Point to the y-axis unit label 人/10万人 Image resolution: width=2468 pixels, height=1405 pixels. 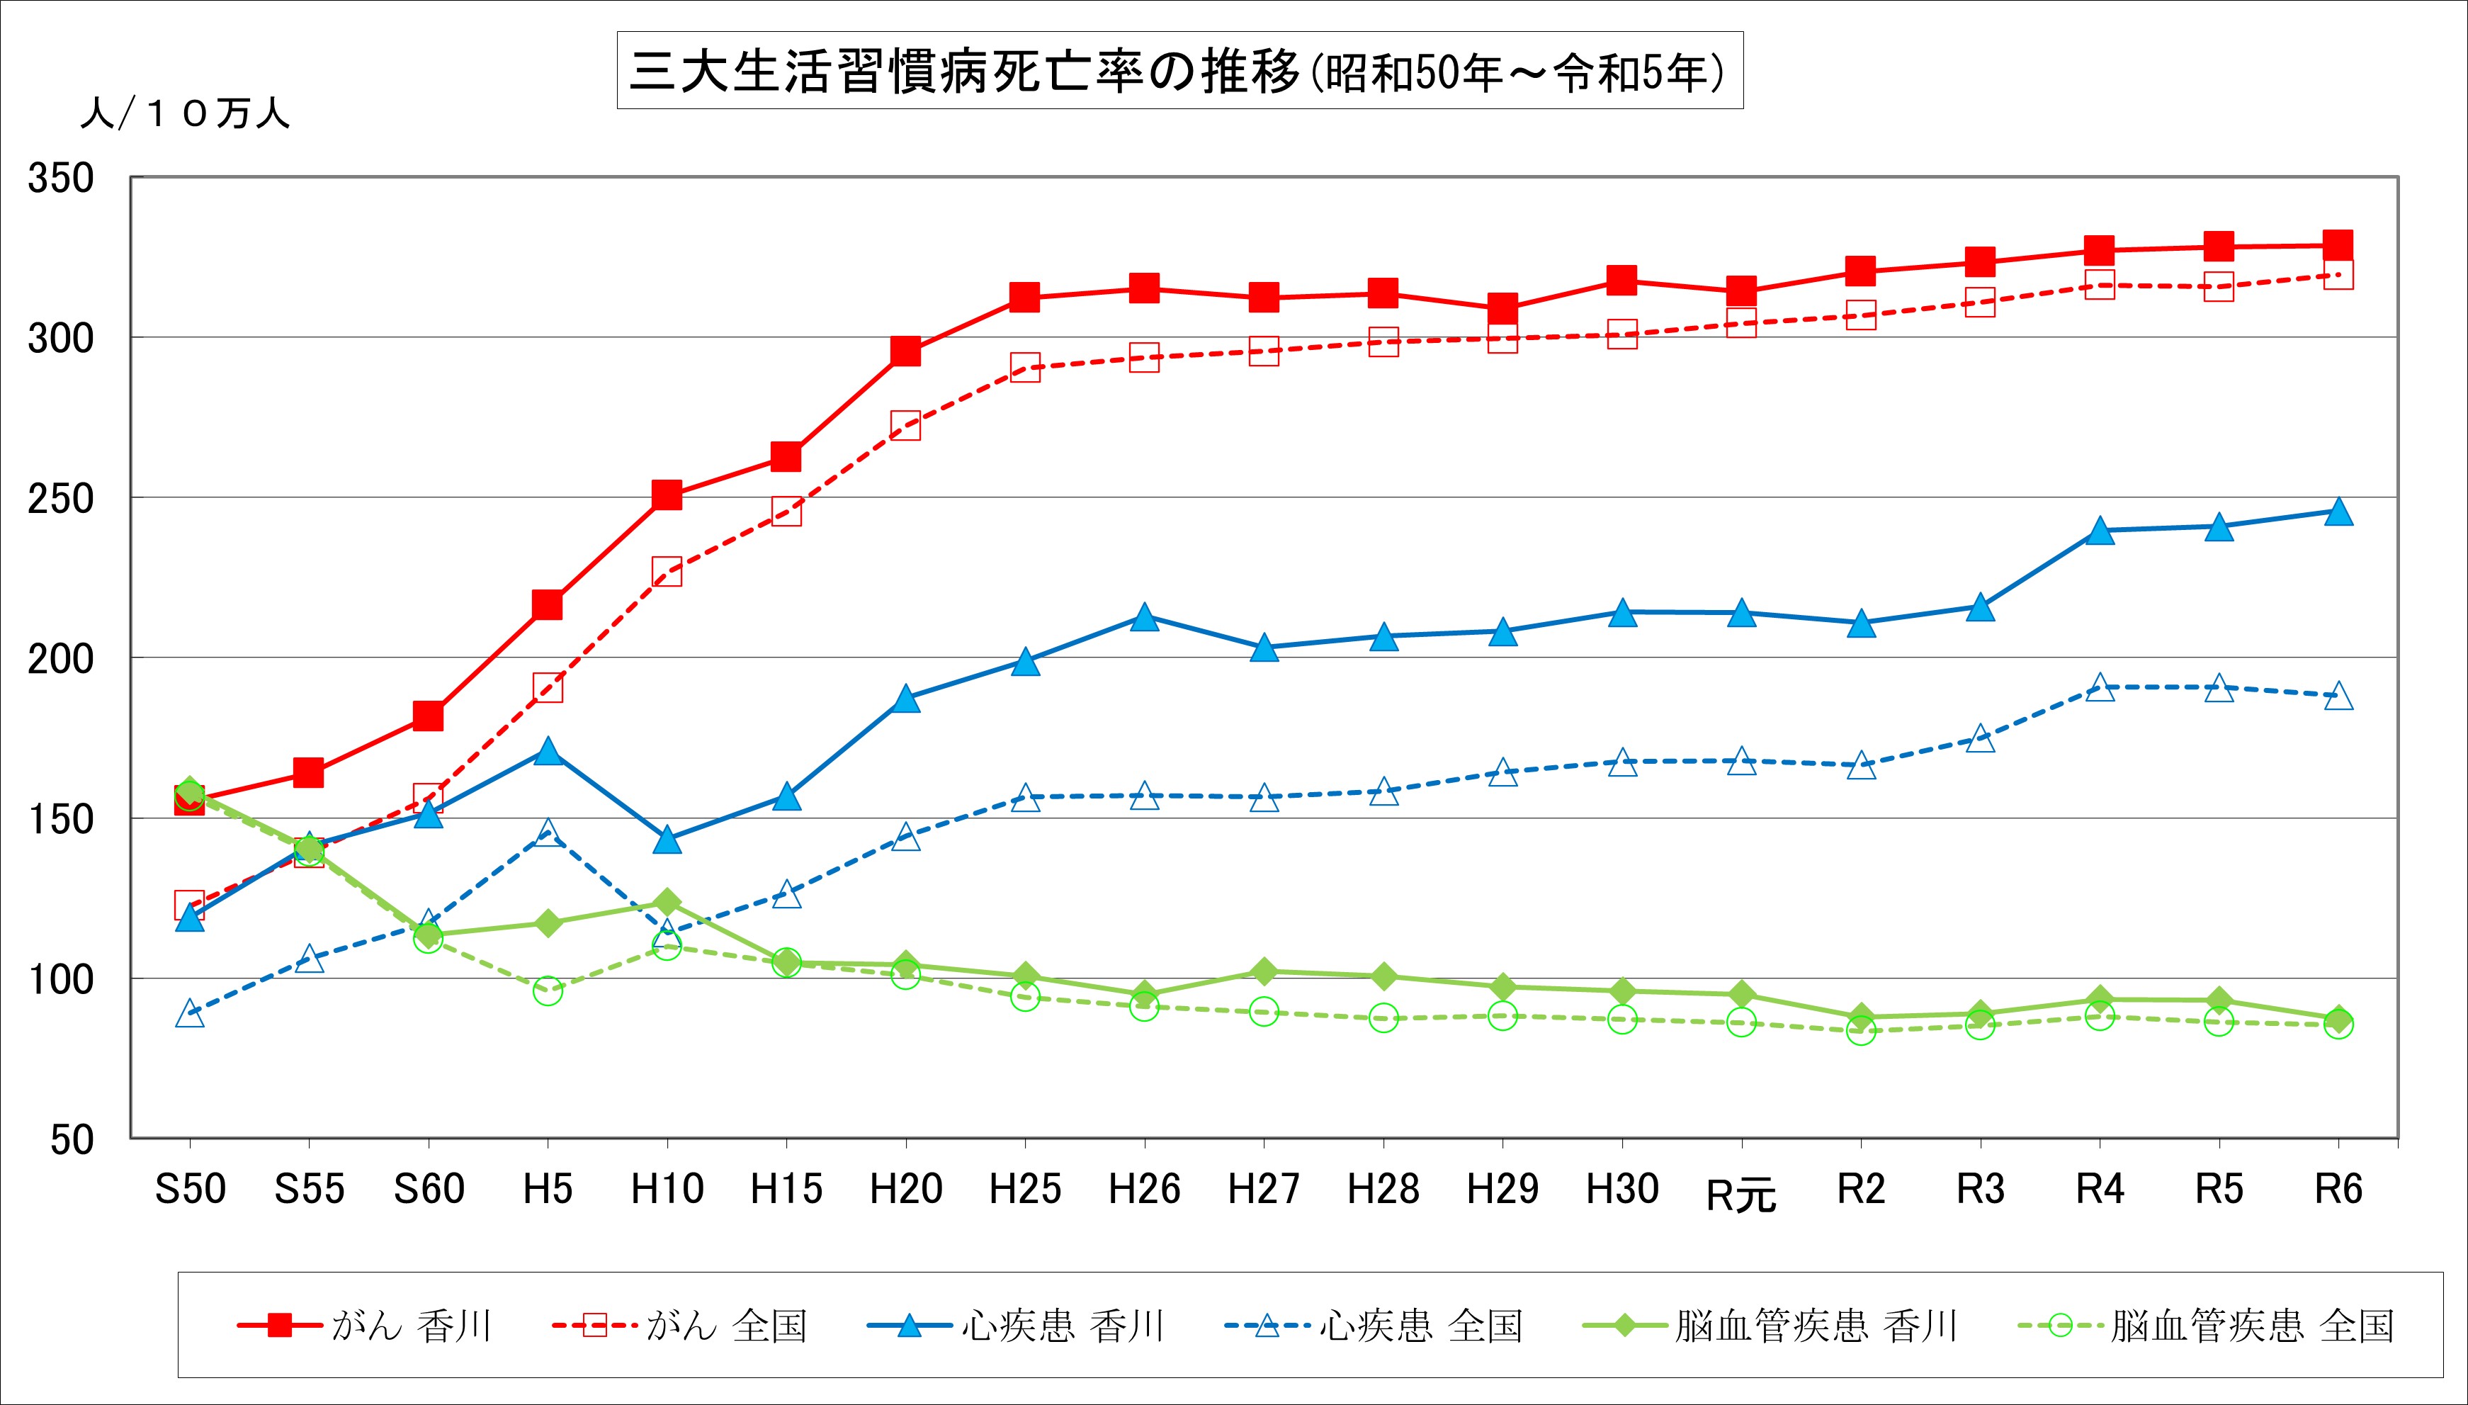point(184,114)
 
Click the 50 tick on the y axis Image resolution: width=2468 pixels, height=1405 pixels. point(72,1139)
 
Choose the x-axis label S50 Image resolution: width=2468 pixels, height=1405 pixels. point(190,1190)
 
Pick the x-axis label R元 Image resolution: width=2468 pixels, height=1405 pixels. point(1740,1195)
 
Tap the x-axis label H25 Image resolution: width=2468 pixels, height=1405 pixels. point(1024,1190)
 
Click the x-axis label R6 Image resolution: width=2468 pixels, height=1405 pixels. point(2338,1190)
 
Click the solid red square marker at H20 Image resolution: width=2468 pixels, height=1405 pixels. point(905,351)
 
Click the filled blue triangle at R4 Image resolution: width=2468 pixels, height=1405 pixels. point(2100,531)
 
